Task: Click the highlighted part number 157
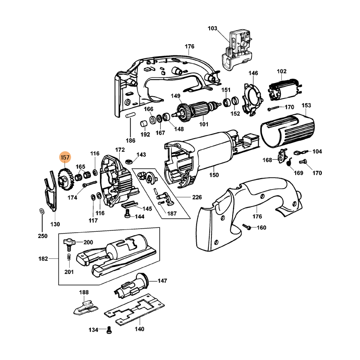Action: [65, 157]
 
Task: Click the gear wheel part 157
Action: [66, 179]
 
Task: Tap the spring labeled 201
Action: [69, 257]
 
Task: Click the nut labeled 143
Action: [128, 160]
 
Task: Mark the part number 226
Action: [196, 197]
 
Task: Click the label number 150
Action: [214, 175]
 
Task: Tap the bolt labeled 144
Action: [127, 216]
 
